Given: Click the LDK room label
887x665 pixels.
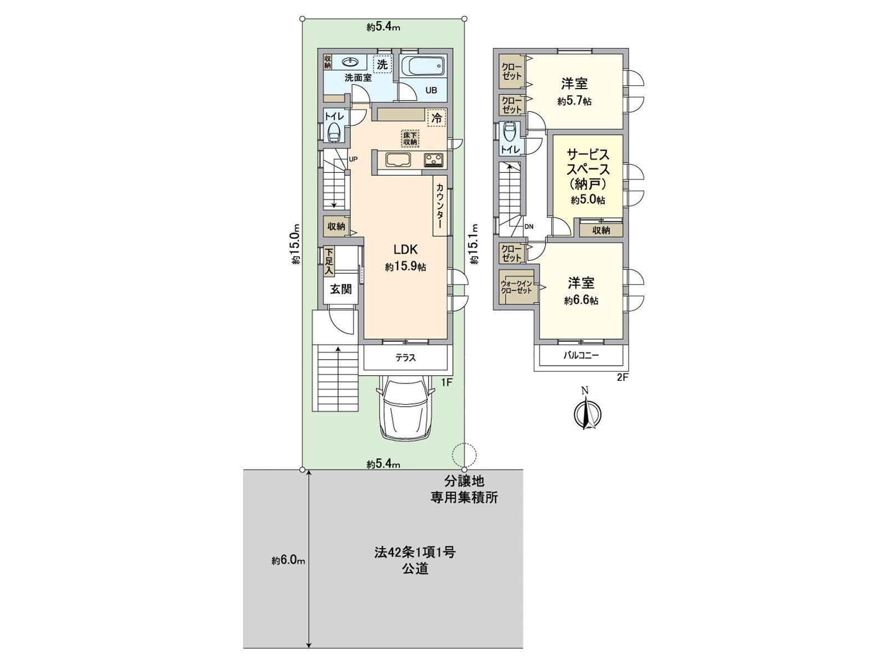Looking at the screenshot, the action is [406, 249].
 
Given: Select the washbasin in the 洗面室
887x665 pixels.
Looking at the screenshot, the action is [350, 62].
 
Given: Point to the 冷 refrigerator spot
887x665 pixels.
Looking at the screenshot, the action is [436, 118].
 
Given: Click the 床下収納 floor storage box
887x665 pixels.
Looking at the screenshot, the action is [410, 139].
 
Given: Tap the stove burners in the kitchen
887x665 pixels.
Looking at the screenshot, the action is [433, 160].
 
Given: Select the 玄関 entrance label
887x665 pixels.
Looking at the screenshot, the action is [340, 289].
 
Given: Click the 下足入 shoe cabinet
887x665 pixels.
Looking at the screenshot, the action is [329, 262].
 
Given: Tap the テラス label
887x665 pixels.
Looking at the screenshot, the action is [405, 358].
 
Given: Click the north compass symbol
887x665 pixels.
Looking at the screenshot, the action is [587, 411].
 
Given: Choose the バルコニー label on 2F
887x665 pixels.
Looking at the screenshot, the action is [581, 356].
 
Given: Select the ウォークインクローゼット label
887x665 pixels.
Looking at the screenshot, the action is [516, 287].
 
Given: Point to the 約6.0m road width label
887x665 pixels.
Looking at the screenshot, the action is [288, 560].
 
